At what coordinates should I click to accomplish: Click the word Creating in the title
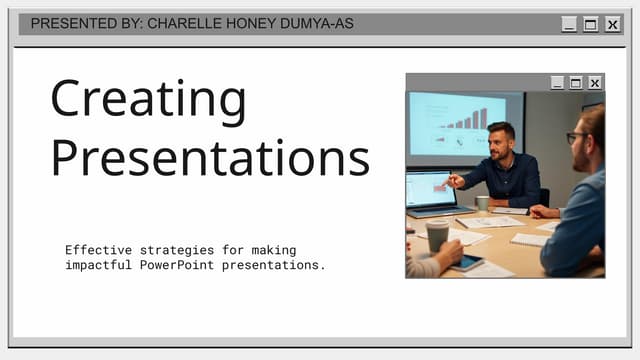click(148, 100)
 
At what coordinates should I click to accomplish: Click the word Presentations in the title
click(210, 157)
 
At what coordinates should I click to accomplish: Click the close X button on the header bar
click(613, 25)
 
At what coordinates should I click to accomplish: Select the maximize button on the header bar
click(591, 25)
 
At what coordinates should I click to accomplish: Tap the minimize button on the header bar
click(569, 25)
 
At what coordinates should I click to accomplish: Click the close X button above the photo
click(595, 83)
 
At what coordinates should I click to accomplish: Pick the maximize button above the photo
click(576, 83)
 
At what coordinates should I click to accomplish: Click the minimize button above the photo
click(557, 83)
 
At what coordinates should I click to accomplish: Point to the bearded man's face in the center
click(501, 143)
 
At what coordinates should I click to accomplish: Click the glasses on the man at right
click(576, 136)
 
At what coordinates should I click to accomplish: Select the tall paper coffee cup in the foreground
click(437, 236)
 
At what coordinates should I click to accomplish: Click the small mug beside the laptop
click(483, 203)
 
